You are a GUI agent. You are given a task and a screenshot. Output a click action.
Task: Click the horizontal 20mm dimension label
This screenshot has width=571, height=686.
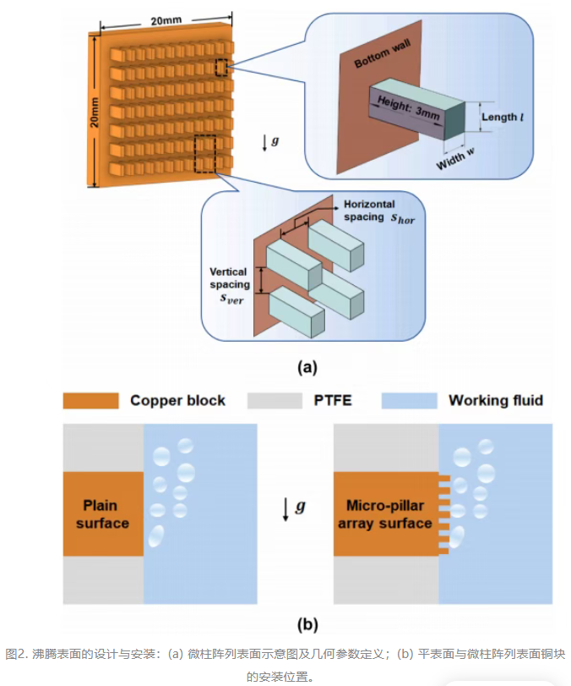click(166, 20)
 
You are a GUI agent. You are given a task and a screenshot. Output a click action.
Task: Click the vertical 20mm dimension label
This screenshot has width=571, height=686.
click(95, 113)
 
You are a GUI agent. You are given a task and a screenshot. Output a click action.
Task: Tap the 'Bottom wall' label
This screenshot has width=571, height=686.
click(383, 53)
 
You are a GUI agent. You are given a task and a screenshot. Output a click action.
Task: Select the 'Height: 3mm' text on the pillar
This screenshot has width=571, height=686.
click(409, 107)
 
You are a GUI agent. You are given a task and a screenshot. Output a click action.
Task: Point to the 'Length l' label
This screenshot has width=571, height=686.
click(503, 118)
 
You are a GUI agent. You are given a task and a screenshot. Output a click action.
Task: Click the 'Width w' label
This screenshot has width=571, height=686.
click(455, 159)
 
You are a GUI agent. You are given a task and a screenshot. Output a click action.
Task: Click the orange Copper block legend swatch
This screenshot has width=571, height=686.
click(91, 401)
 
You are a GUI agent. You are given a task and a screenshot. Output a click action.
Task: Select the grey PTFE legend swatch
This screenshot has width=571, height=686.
click(275, 401)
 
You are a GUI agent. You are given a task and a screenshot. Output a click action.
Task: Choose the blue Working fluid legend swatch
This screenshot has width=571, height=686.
click(410, 401)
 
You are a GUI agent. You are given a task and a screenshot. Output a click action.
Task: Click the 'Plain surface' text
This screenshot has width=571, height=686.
click(102, 514)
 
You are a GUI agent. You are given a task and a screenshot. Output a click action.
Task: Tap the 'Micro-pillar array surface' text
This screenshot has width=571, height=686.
click(385, 514)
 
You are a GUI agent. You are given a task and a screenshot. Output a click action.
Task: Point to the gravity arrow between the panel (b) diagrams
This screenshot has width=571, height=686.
click(285, 509)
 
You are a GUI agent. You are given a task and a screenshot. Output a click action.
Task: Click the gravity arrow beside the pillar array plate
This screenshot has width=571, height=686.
click(264, 143)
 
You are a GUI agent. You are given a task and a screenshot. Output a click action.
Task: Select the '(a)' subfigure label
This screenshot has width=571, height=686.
click(307, 366)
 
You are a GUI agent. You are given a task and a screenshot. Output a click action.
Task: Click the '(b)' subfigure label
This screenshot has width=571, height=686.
click(307, 624)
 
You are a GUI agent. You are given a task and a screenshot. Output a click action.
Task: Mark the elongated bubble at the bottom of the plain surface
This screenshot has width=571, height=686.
click(156, 536)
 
